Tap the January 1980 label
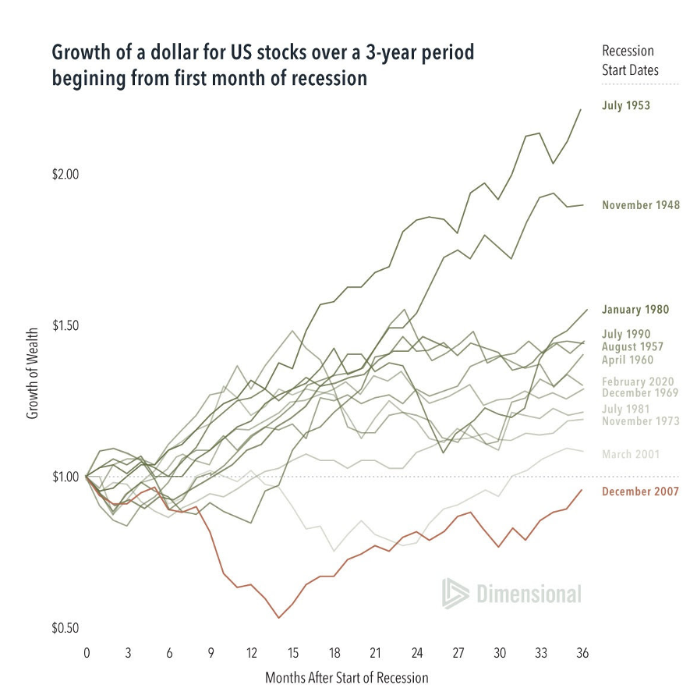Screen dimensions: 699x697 (635, 309)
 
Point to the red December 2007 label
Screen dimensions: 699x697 (640, 491)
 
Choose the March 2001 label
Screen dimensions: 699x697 (631, 454)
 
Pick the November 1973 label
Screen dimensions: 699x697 (640, 421)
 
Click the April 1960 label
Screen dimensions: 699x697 (627, 360)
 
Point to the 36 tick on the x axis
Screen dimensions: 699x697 (581, 652)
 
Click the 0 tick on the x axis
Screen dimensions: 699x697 (87, 652)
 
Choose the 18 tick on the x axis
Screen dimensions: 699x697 (334, 652)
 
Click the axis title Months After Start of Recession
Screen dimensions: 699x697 (346, 677)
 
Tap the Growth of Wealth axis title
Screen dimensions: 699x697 (33, 374)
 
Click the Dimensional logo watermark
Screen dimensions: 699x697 (511, 594)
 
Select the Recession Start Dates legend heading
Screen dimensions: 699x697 (630, 60)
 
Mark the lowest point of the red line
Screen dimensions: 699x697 (278, 618)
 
